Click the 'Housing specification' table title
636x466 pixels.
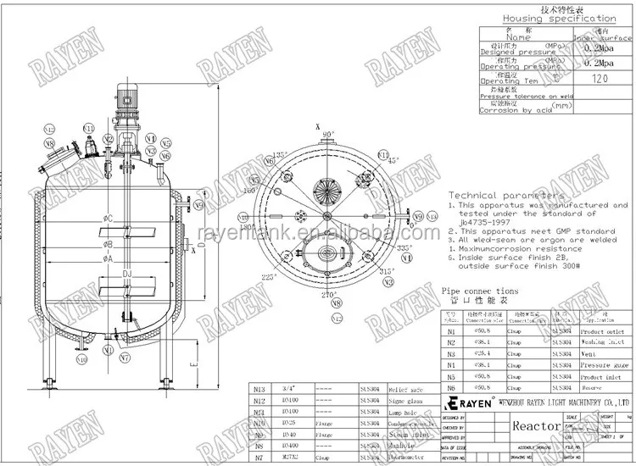pos(559,18)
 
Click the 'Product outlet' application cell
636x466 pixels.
pos(604,331)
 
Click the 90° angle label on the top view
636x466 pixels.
pos(328,134)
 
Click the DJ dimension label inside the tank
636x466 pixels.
pos(125,274)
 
